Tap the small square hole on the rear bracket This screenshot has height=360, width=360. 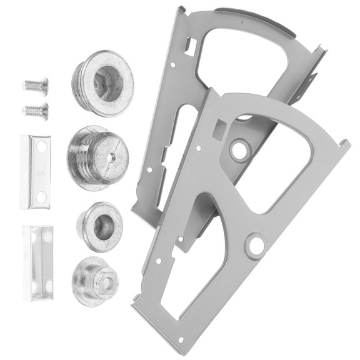point(190,46)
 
